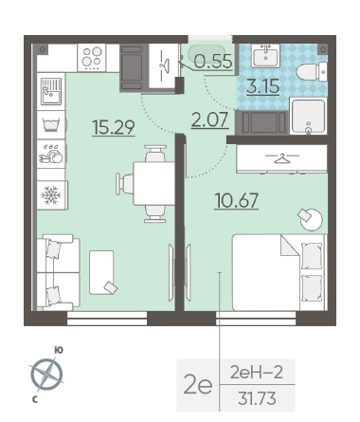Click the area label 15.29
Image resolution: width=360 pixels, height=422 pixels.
[114, 127]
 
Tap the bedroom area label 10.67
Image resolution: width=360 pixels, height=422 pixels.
[236, 200]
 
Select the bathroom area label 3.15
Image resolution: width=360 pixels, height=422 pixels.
[263, 86]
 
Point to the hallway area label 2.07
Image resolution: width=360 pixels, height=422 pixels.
[210, 120]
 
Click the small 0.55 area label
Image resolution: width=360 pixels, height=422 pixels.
[213, 61]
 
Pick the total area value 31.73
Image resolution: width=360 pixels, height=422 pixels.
[257, 398]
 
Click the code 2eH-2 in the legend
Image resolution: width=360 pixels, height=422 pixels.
[257, 373]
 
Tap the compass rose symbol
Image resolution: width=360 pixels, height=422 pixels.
[46, 375]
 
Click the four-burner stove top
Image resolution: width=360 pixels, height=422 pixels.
[92, 58]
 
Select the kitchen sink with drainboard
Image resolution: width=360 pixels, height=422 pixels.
[51, 92]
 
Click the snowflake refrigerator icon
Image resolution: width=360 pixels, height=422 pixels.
[51, 195]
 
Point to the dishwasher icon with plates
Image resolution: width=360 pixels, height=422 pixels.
[51, 155]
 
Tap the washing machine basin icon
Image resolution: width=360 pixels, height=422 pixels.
[51, 125]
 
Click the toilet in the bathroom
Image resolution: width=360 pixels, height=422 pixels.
[311, 72]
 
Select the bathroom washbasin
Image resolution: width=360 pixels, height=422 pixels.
[265, 56]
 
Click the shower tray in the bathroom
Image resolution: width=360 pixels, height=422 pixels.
[308, 117]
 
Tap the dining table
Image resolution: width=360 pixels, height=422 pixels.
[153, 184]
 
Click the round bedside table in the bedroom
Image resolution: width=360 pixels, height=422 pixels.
[312, 220]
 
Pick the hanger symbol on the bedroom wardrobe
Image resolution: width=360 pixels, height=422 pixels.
[281, 158]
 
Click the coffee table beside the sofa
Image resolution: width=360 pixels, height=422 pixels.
[101, 272]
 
